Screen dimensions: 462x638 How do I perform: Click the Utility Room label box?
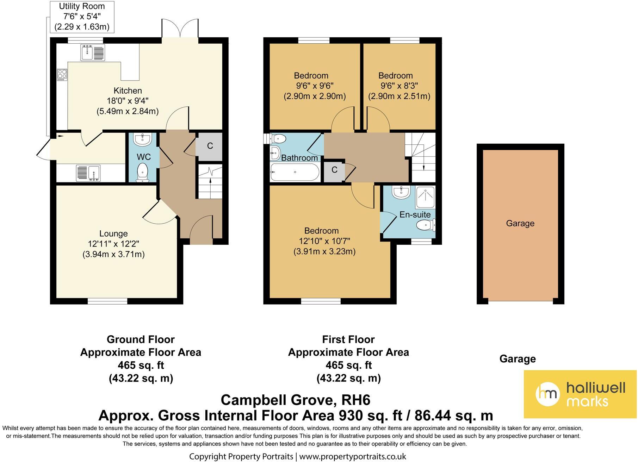[x=82, y=17]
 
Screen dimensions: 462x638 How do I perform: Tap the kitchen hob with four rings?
[x=62, y=74]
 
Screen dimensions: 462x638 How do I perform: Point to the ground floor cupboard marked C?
[x=210, y=146]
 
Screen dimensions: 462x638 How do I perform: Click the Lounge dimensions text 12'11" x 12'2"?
[x=113, y=244]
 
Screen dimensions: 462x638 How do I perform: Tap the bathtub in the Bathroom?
[x=295, y=172]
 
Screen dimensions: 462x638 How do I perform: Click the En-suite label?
[x=415, y=214]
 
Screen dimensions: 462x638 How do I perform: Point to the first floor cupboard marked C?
[x=334, y=170]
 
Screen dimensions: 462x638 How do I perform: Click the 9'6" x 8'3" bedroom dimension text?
[x=399, y=86]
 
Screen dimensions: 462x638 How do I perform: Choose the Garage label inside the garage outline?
[x=520, y=223]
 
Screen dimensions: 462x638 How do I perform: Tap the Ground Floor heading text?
[x=141, y=339]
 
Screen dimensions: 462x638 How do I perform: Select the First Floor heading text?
[x=348, y=339]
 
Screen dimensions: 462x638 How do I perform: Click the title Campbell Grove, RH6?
[x=295, y=400]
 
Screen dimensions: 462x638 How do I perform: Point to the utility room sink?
[x=89, y=173]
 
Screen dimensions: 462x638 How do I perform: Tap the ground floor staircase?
[x=210, y=181]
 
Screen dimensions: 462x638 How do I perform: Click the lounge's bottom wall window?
[x=107, y=301]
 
